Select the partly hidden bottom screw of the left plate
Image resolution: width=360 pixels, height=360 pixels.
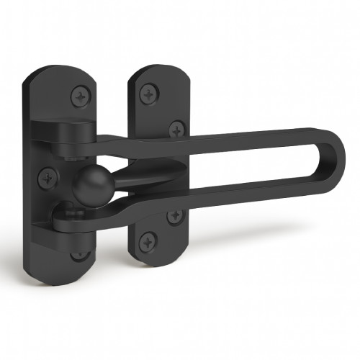78,253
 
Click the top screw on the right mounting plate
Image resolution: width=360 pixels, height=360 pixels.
149,91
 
